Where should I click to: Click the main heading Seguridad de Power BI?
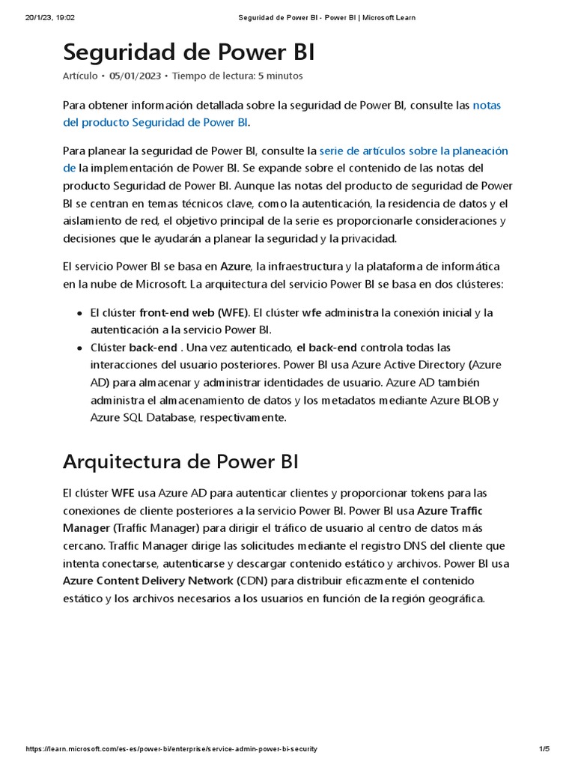click(189, 52)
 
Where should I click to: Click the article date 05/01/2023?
click(135, 76)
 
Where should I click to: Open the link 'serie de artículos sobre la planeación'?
click(413, 151)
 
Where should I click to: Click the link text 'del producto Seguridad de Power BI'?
click(156, 122)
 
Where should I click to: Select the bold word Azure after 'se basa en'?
click(236, 267)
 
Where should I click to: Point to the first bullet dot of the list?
click(79, 313)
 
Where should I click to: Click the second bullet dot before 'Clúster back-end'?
click(79, 348)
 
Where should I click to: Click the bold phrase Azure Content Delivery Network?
click(148, 580)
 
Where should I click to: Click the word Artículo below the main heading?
click(79, 76)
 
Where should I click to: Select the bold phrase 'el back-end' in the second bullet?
click(326, 348)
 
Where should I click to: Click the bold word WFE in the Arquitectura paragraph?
click(123, 493)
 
